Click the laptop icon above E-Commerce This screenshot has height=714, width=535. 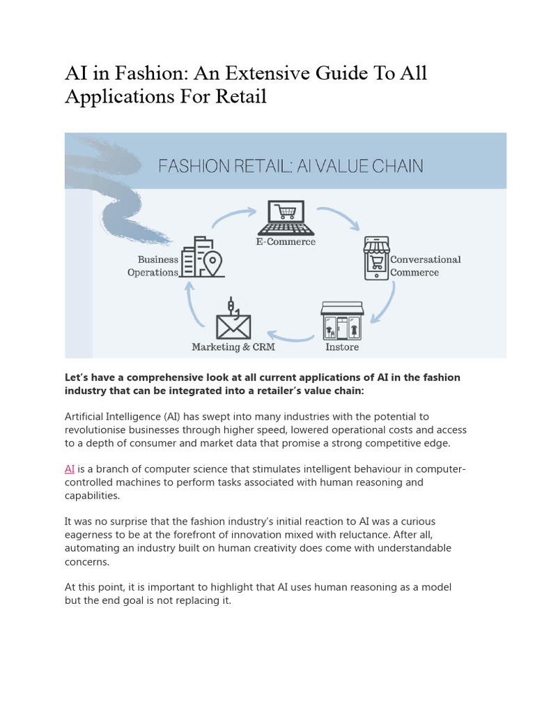click(286, 218)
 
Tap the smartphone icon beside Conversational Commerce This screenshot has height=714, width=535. click(377, 258)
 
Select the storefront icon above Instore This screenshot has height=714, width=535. click(342, 320)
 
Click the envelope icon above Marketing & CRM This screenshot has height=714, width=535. click(233, 321)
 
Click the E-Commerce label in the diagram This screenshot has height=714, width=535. click(286, 242)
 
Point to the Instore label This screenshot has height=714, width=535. click(342, 347)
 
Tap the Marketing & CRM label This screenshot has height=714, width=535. click(233, 347)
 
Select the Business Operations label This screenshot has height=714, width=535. click(153, 266)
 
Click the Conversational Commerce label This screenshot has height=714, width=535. click(425, 266)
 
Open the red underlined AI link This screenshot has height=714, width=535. click(70, 469)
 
